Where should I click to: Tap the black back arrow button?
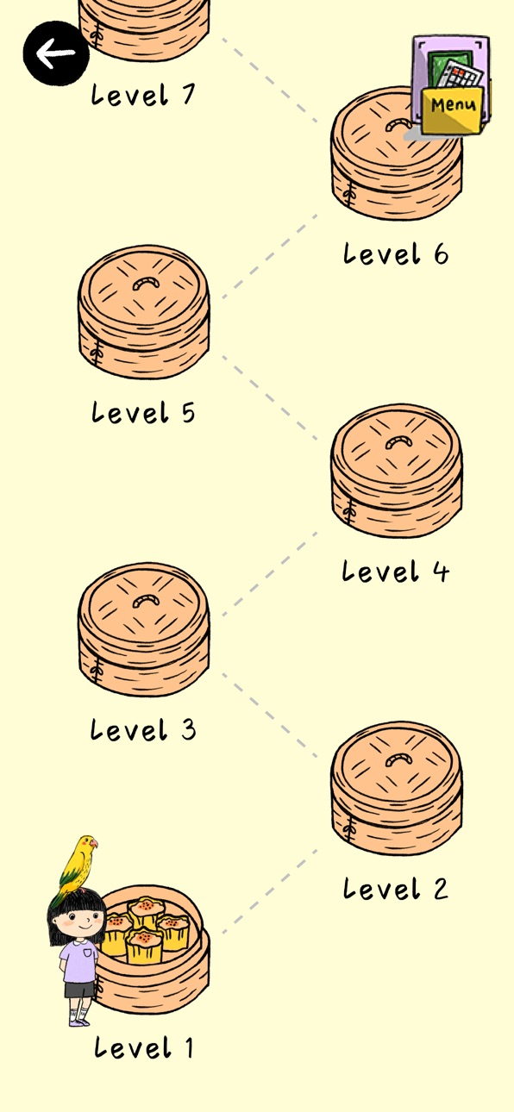coord(56,53)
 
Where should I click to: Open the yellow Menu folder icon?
coord(451,85)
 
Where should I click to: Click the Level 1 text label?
coord(143,1048)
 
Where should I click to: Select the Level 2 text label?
coord(395,889)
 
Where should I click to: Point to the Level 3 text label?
coord(143,730)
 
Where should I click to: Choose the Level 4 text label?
coord(395,571)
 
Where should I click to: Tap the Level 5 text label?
coord(143,412)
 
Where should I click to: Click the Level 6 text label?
coord(395,253)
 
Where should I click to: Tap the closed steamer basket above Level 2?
coord(397,788)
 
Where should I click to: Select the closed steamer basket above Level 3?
coord(143,629)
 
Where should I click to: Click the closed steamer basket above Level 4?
coord(397,470)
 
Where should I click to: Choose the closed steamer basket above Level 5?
coord(143,311)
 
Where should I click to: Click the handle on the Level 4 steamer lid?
coord(398,442)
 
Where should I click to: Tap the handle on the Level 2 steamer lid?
coord(398,759)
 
